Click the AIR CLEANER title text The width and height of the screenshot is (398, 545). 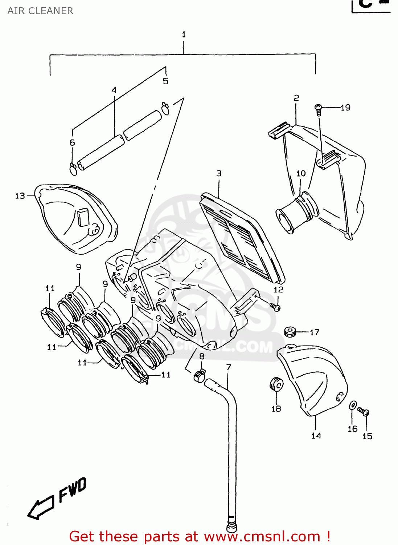40,11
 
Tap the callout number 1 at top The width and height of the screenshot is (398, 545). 184,35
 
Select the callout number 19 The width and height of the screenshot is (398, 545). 345,108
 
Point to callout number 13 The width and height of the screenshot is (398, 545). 20,196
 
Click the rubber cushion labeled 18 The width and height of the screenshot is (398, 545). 276,384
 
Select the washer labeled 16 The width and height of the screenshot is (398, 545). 353,405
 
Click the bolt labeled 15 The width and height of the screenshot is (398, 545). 364,412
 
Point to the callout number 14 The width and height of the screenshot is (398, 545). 316,436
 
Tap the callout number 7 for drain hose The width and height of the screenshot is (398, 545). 229,367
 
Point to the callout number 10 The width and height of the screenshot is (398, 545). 301,173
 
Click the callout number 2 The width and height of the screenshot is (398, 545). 296,98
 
